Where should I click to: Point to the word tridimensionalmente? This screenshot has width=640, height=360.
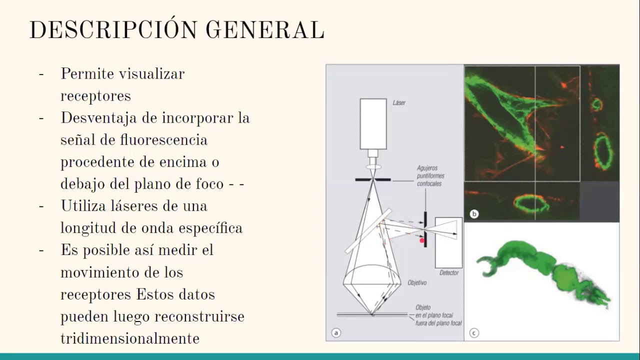pos(130,338)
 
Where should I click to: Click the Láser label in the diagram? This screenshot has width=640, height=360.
pos(399,103)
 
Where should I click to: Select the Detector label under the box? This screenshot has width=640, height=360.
pos(448,273)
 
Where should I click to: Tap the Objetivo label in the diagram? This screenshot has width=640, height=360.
pos(416,283)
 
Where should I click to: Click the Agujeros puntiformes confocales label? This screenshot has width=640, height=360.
pos(430,176)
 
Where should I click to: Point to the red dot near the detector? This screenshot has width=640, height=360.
pos(422,241)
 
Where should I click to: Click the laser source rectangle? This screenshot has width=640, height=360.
pos(373,123)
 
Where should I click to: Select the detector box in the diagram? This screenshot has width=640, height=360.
pos(448,242)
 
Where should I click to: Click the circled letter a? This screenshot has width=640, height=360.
pos(336,332)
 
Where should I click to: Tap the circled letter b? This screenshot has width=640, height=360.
pos(474,214)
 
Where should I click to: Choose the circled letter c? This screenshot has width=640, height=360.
pos(474,332)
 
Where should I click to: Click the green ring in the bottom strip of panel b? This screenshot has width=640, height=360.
pos(531,203)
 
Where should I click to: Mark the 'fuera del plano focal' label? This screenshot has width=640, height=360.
pos(438,322)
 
